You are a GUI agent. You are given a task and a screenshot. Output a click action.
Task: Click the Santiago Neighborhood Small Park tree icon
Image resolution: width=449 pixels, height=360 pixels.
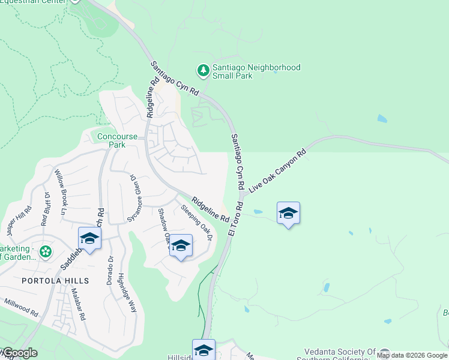(204, 71)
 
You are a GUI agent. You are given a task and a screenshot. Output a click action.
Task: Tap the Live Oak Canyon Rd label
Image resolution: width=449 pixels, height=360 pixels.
(277, 170)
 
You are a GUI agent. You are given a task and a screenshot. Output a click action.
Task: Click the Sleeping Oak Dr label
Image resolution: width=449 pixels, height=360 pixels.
(197, 223)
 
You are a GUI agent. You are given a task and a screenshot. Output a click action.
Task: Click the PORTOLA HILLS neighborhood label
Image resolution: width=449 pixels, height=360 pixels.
(55, 281)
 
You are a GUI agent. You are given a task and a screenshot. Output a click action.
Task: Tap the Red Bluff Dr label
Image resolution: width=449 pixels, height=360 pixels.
(45, 208)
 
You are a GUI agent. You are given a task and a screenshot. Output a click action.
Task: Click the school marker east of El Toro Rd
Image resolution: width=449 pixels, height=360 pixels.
(288, 214)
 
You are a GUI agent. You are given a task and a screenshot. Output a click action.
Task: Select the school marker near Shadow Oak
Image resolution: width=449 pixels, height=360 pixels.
(181, 246)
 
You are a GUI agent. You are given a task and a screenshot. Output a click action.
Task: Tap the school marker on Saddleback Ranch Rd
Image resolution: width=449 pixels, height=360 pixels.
(89, 239)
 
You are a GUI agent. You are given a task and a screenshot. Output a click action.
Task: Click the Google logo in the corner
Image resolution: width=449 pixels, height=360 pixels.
(19, 353)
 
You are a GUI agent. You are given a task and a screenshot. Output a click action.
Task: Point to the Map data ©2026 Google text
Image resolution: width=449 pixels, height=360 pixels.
(412, 355)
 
